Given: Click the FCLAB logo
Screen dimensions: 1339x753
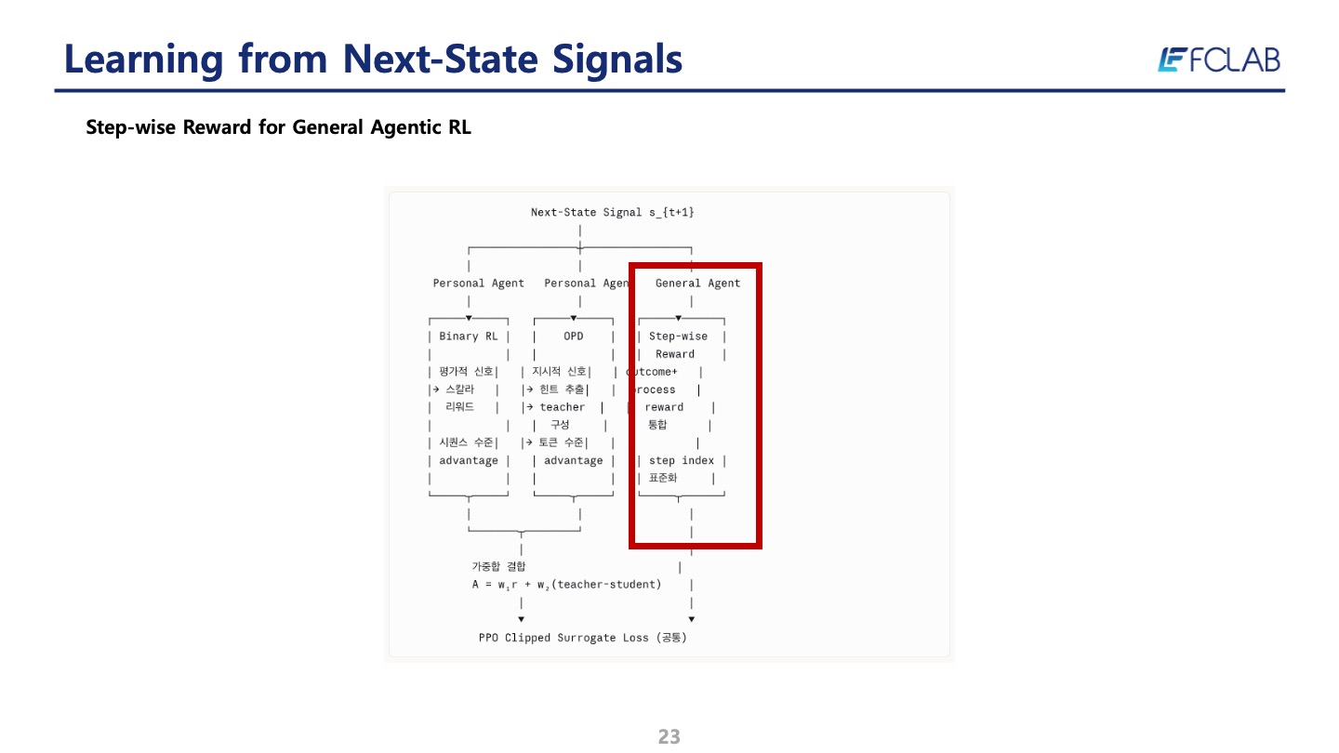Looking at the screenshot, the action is [x=1219, y=60].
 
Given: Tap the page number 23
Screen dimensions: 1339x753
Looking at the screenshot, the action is [x=669, y=737].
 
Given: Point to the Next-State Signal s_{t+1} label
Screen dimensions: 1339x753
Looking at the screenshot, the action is [x=612, y=213].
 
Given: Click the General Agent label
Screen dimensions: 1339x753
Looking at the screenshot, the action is [x=697, y=284].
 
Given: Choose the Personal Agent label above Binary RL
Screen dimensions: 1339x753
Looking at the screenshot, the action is [x=478, y=284].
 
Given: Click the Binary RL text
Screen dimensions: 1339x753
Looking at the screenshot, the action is [x=468, y=337].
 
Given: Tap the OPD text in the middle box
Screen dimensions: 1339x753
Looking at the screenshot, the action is [x=573, y=337].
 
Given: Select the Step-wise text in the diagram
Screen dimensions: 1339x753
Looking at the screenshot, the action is [x=678, y=337].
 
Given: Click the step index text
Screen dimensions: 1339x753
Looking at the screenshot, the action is [x=681, y=461].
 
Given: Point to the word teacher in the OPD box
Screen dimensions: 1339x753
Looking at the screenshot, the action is [x=563, y=407].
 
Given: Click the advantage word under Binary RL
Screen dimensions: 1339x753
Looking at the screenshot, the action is [x=468, y=461].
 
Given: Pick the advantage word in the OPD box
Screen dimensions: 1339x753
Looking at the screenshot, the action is [x=573, y=461].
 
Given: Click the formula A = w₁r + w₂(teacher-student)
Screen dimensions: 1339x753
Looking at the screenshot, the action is [x=566, y=585].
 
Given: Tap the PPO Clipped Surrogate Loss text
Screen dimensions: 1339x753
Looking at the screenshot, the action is [x=582, y=639].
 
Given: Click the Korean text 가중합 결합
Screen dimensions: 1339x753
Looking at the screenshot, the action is [x=498, y=566].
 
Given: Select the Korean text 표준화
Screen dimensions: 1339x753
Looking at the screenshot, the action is [x=663, y=479].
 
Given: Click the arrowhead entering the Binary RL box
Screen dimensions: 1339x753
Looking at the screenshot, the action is [x=469, y=318].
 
